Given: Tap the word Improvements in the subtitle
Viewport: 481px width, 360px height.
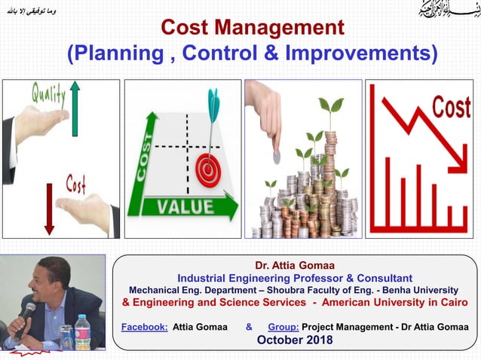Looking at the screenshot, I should (x=359, y=54).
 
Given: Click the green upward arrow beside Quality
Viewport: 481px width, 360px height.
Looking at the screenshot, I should (x=75, y=109).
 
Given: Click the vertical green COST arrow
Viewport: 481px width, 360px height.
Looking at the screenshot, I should (x=143, y=158).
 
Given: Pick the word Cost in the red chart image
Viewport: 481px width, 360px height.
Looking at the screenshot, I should (x=451, y=108).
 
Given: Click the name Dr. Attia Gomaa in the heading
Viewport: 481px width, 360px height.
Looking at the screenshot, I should (x=294, y=266).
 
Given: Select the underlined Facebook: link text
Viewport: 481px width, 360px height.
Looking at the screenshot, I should (x=145, y=327).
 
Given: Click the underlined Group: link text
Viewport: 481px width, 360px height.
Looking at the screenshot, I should (x=283, y=327).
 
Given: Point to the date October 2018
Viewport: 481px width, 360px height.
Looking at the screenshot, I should (x=295, y=340).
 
